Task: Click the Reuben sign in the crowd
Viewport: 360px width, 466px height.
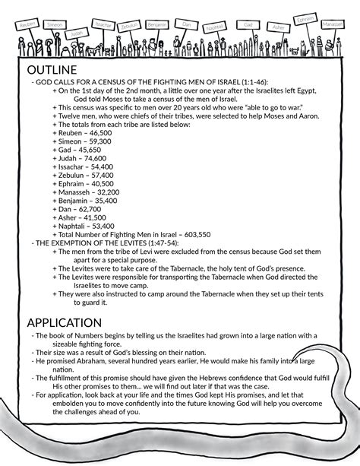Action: tap(28, 24)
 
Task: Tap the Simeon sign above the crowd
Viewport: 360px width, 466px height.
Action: tap(55, 24)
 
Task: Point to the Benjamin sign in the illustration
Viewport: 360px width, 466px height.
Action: tap(156, 24)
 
